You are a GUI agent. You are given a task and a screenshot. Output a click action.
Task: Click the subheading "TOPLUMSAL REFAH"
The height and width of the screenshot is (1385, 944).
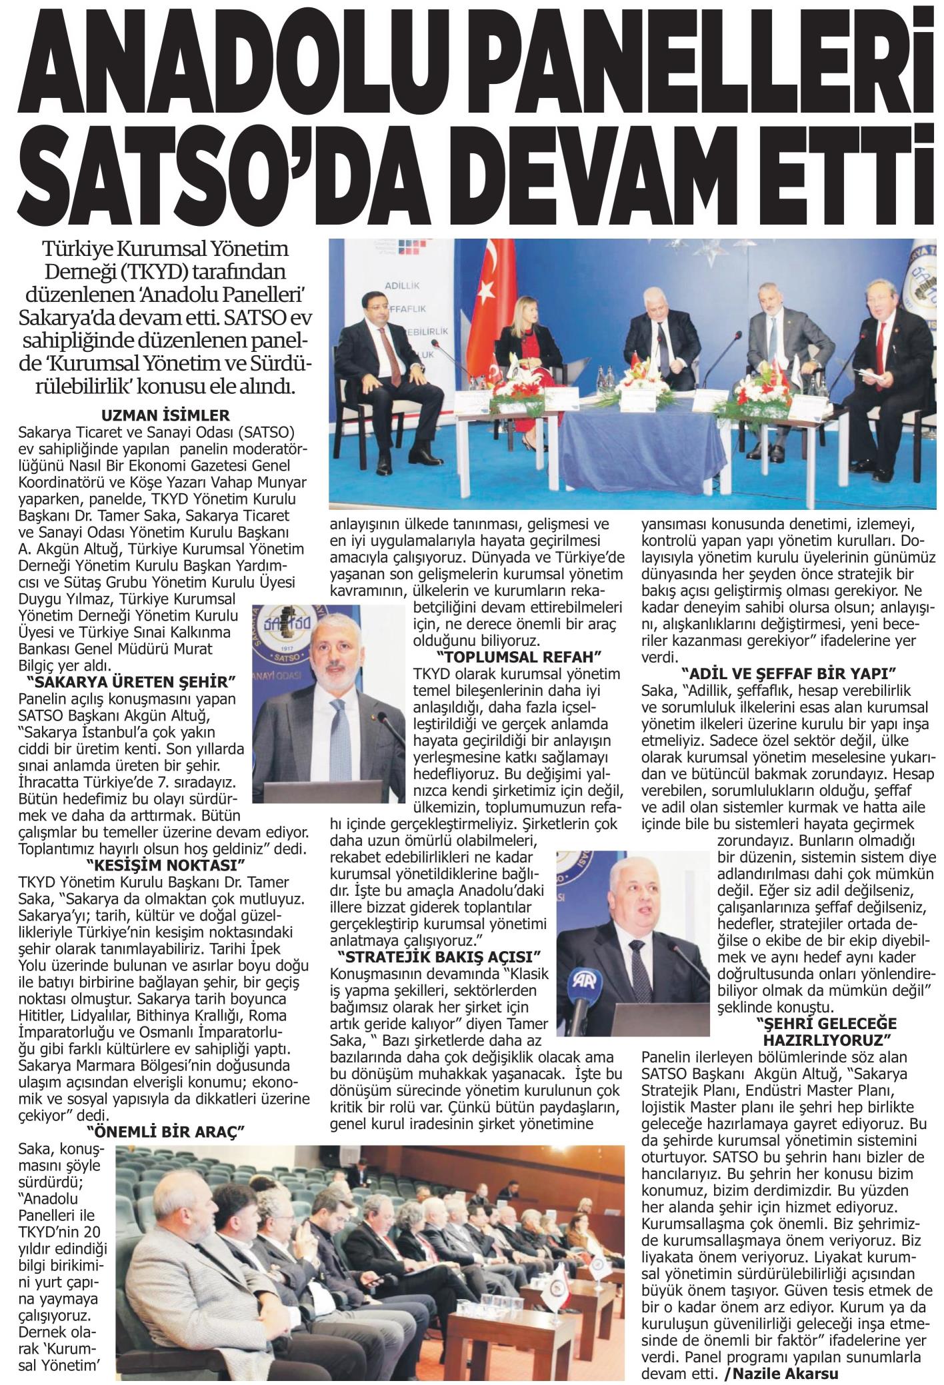click(x=507, y=655)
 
